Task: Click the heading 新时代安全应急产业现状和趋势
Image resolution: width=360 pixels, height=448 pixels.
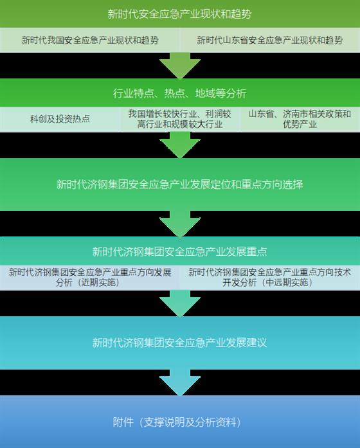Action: (x=180, y=13)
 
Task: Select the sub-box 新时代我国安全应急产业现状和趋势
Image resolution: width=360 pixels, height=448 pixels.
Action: (x=90, y=40)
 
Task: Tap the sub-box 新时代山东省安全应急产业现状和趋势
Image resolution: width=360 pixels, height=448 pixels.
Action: (x=270, y=40)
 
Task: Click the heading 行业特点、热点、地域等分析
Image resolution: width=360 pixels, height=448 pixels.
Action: (x=180, y=93)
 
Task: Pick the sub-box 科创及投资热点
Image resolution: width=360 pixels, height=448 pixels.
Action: (x=60, y=119)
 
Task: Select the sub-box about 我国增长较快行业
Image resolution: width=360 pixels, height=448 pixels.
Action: (x=180, y=119)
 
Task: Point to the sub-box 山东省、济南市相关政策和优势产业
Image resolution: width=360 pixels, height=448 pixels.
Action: (x=300, y=119)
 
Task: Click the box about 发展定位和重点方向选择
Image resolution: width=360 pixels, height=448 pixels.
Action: (x=180, y=184)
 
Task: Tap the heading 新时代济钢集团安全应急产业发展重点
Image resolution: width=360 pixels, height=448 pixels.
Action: (x=180, y=251)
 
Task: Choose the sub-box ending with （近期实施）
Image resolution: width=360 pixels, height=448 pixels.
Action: (x=90, y=278)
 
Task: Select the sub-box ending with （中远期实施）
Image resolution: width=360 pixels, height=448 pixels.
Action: (x=270, y=278)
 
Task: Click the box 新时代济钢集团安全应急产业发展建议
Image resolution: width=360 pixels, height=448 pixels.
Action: (x=180, y=343)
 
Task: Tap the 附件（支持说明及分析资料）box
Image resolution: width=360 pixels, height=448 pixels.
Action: (x=180, y=422)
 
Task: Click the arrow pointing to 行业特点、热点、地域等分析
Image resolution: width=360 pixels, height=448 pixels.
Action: (x=180, y=66)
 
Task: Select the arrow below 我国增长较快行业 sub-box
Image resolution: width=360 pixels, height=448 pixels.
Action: (x=180, y=145)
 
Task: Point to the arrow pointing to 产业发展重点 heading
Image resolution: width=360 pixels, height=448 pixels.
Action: (x=180, y=224)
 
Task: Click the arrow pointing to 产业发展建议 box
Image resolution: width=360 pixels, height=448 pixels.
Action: (x=180, y=303)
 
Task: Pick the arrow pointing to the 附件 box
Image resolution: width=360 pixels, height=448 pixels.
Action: (x=180, y=382)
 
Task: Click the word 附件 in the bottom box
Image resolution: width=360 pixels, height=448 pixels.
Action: (x=123, y=422)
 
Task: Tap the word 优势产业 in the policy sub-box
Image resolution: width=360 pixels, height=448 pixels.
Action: (x=300, y=124)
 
